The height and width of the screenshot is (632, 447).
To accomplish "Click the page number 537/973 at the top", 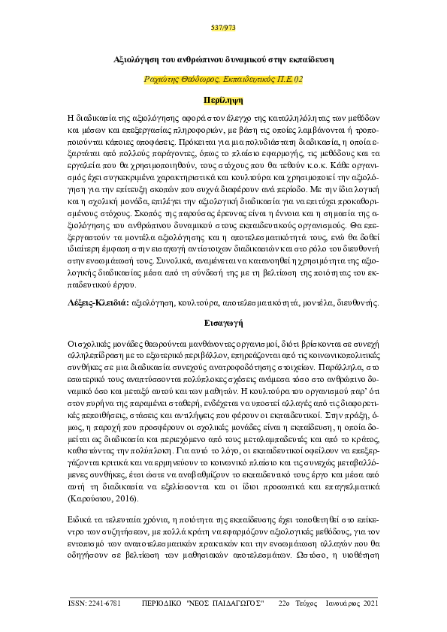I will click(x=223, y=29).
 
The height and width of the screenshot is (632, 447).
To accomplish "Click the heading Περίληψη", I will click(x=223, y=99).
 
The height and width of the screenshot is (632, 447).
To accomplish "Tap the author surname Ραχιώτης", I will click(x=163, y=79).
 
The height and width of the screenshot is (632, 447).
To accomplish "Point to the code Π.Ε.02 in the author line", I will click(x=288, y=79).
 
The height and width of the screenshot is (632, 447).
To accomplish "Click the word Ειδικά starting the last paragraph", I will click(x=80, y=519).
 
